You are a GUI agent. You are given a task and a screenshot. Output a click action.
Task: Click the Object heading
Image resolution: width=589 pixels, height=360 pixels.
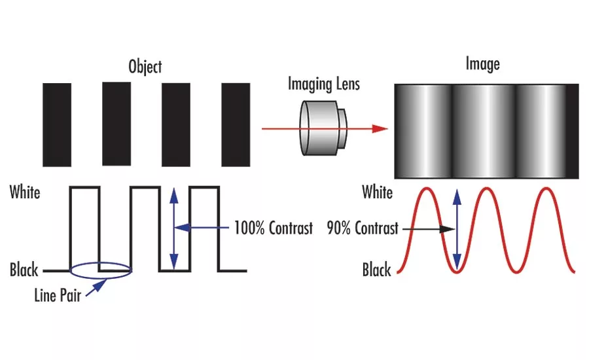pos(145,67)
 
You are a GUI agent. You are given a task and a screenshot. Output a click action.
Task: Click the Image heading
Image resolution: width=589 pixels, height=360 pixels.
pos(483,63)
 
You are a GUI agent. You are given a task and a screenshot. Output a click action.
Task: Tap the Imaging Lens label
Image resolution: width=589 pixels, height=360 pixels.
pos(324,84)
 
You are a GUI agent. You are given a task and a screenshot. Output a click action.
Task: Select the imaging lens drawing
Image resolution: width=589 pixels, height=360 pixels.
pos(323,128)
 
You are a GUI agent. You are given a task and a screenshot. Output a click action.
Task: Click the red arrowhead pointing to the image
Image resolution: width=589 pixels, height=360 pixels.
pos(380,129)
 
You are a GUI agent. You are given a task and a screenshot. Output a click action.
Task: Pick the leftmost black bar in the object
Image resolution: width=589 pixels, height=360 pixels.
pos(57,125)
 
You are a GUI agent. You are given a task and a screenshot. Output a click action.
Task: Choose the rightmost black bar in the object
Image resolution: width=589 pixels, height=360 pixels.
pos(236,125)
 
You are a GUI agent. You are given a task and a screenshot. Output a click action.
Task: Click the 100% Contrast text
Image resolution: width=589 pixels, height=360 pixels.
pos(274,228)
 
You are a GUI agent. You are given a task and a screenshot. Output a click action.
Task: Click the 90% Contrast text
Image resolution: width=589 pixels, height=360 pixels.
pos(363,228)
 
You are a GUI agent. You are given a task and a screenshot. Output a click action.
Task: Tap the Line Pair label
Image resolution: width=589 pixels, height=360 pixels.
pos(58,295)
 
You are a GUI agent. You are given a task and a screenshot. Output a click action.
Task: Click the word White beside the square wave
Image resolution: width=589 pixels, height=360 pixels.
pos(25,192)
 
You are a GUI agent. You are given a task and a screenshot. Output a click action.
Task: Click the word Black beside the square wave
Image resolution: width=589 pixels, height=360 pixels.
pos(24,270)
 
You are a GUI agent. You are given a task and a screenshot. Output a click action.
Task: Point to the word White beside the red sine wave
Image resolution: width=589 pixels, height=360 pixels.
pos(377,192)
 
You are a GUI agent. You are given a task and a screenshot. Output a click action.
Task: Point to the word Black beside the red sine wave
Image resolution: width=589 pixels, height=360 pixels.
pos(376,270)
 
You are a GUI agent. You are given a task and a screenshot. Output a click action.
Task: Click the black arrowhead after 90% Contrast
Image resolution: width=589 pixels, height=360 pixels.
pos(448,228)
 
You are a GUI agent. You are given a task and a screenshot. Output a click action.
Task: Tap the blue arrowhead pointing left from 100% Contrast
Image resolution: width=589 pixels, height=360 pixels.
pos(182,227)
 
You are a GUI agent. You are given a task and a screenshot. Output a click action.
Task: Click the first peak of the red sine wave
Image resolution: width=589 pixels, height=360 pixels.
pos(427,189)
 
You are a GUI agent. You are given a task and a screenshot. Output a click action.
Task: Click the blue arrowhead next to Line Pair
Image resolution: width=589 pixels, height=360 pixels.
pos(99,285)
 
